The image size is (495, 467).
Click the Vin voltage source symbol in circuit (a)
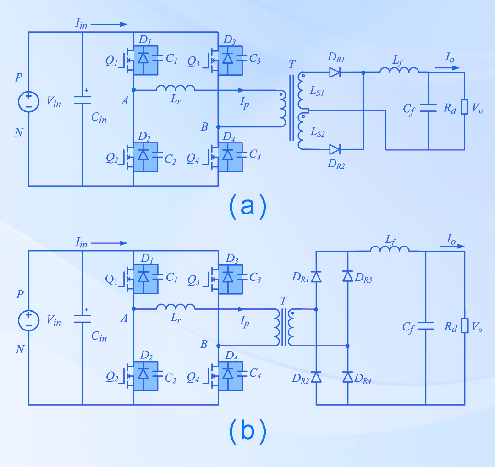click(x=28, y=101)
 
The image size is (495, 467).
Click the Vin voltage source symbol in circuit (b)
click(x=28, y=320)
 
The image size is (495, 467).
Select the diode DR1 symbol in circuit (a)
click(x=335, y=72)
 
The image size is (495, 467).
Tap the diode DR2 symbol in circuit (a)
click(x=335, y=149)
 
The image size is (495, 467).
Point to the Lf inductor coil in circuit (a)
click(x=399, y=70)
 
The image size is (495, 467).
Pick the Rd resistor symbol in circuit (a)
click(x=464, y=107)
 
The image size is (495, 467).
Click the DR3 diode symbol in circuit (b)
click(x=347, y=276)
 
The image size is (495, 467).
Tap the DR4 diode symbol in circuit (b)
click(x=347, y=377)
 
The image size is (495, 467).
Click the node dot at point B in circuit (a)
click(x=218, y=126)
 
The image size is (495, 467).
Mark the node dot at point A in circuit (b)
click(x=133, y=309)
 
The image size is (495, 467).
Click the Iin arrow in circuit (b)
click(x=110, y=243)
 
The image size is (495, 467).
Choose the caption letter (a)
click(x=247, y=206)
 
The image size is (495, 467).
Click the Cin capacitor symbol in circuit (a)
click(x=82, y=100)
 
